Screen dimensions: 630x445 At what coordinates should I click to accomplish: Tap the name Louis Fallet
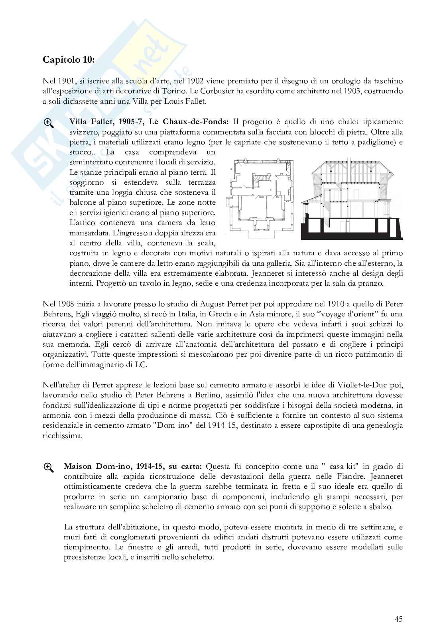188,101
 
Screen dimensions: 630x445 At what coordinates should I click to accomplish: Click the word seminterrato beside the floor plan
91,162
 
